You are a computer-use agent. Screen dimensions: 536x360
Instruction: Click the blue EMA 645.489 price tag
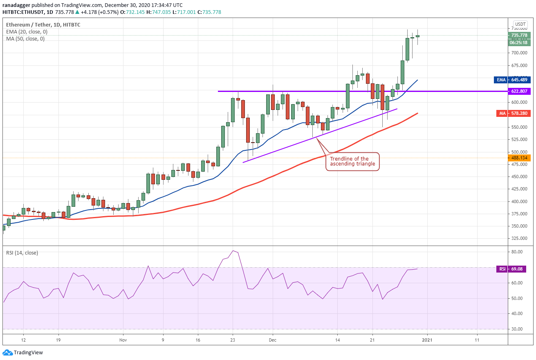pos(512,80)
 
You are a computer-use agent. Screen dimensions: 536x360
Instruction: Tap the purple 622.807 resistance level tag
pos(519,91)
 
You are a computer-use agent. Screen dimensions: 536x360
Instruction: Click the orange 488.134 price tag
pos(519,158)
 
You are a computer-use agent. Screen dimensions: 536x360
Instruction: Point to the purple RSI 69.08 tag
pos(511,269)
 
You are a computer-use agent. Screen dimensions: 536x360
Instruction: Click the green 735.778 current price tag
pos(519,35)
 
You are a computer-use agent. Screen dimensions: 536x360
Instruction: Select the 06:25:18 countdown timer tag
pos(519,42)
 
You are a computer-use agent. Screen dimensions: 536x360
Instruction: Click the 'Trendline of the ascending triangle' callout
pos(352,161)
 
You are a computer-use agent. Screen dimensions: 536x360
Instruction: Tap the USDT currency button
pos(520,24)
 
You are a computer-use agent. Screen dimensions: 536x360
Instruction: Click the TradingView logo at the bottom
pos(23,352)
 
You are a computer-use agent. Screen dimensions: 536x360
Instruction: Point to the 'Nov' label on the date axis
pos(123,340)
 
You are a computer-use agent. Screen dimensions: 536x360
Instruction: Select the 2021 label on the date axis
pos(427,340)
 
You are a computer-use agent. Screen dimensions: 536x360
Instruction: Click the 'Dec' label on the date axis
pos(273,340)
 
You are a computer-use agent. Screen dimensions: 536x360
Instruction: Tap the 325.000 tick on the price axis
pos(519,238)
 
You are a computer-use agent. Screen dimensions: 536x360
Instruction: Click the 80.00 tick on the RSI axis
pos(517,252)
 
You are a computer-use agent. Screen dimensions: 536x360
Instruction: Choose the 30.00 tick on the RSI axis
pos(517,329)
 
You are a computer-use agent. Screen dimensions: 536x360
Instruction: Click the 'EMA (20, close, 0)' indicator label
pos(27,32)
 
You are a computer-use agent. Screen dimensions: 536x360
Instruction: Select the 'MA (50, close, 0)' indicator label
pos(25,39)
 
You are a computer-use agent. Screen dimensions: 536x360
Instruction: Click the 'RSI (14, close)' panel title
pos(22,253)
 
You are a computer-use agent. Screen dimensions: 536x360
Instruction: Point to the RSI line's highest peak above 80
pos(233,250)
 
